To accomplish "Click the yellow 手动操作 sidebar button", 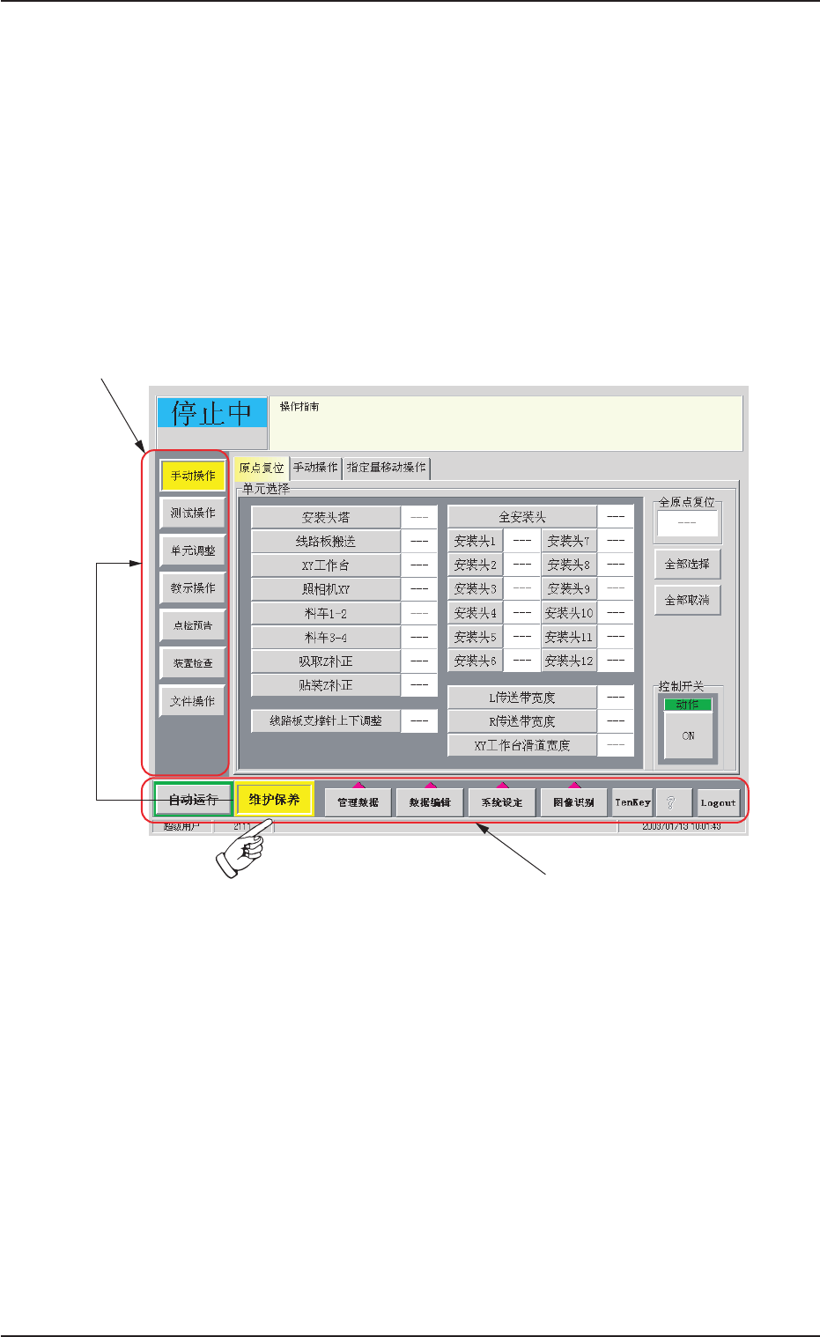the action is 193,476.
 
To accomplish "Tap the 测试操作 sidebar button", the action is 193,513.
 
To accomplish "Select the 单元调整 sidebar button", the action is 193,550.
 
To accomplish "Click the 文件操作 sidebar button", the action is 193,701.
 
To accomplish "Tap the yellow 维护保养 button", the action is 275,800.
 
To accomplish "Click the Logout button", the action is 718,802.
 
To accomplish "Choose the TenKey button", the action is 632,802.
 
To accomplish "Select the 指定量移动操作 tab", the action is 387,468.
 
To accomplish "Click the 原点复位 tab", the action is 262,468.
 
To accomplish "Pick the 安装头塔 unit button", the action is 326,518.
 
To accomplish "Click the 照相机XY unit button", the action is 326,589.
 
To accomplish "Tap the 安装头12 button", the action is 569,661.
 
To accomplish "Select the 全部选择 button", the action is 687,564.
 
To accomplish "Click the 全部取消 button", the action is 687,600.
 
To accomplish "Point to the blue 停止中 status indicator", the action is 211,413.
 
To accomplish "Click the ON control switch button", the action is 688,735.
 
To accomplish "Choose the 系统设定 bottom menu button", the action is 502,802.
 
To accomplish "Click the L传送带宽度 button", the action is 522,698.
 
